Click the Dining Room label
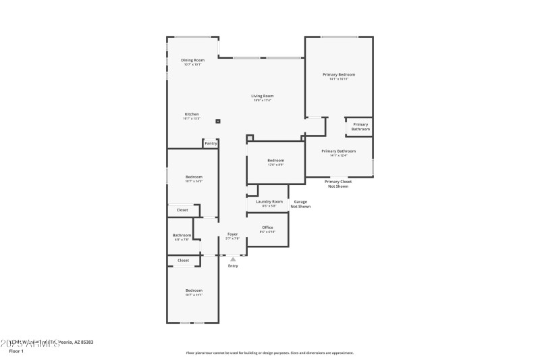tap(192, 60)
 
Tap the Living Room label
tap(263, 96)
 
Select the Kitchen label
tap(192, 114)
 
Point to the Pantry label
tap(211, 143)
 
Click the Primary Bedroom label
tap(338, 74)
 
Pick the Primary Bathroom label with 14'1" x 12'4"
tap(338, 151)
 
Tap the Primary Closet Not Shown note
tap(338, 183)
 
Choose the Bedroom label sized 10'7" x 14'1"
tap(194, 290)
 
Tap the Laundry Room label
tap(269, 201)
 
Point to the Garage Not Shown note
tap(300, 204)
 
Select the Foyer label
tap(232, 234)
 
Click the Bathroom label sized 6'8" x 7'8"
tap(182, 235)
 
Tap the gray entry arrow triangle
tap(233, 259)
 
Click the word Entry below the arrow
tap(233, 265)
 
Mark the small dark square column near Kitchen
tap(218, 122)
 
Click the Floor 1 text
tap(16, 351)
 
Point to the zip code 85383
tap(86, 342)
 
